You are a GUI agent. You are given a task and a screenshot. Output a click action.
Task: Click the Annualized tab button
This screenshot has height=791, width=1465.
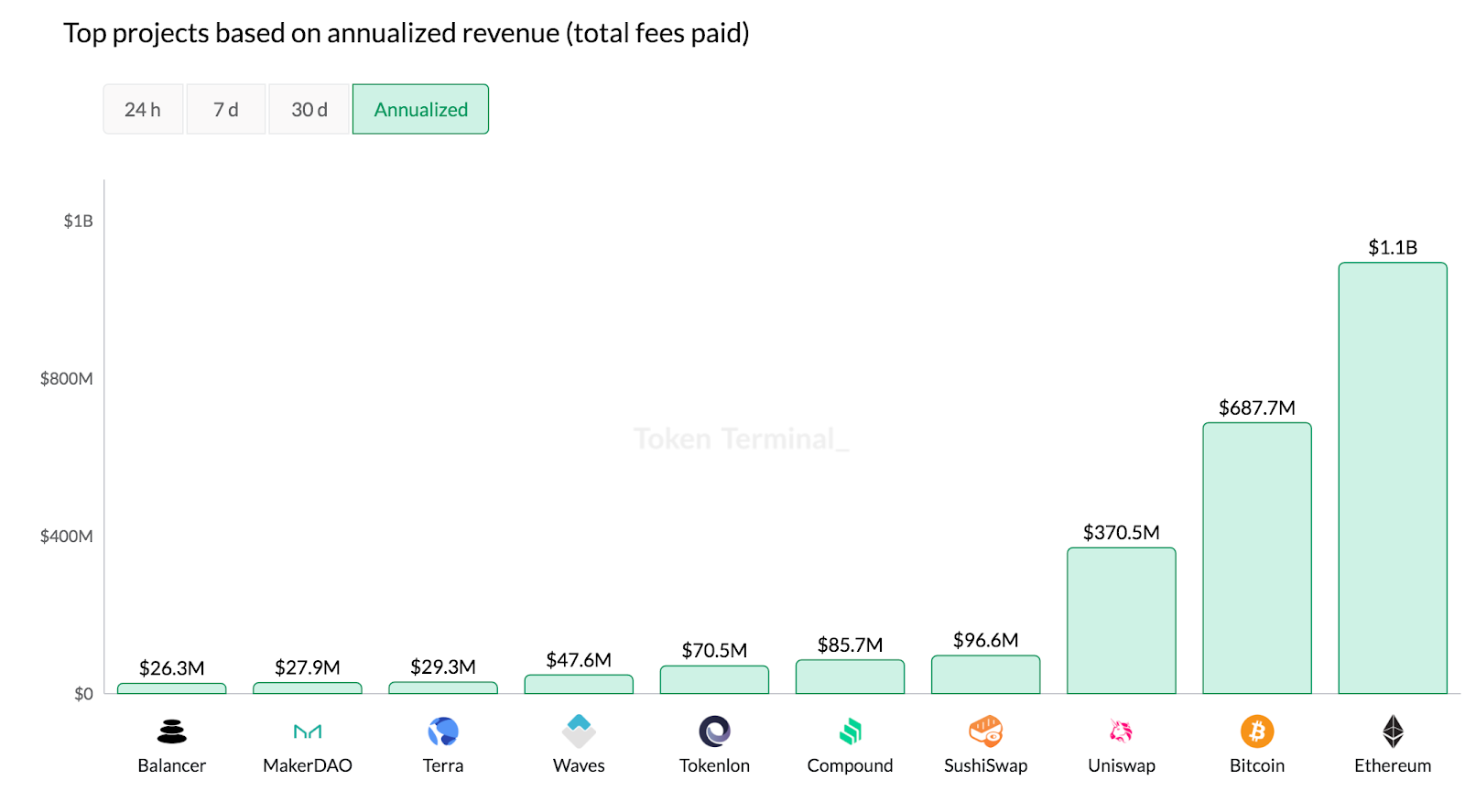pos(420,109)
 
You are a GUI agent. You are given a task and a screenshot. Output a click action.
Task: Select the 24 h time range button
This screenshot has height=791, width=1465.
pos(143,109)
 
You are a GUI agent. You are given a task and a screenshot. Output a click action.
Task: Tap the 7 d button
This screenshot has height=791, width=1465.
pos(226,109)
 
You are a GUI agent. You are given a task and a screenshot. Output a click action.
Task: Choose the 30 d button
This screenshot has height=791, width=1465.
pos(309,109)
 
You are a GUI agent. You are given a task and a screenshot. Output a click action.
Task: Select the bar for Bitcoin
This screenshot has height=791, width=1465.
pos(1256,558)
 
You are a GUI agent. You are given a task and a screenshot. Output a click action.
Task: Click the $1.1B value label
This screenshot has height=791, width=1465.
pos(1392,247)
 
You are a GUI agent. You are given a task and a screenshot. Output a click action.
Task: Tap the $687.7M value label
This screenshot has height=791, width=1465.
pos(1256,407)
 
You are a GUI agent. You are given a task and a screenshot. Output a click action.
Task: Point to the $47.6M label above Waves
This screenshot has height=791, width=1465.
pos(579,660)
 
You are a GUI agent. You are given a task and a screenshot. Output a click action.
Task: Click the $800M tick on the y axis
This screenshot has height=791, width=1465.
pos(66,378)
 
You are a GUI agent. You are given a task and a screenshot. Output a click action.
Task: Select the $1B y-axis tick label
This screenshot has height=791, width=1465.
pos(78,221)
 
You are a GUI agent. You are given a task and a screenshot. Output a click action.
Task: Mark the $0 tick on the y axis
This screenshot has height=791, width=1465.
pos(83,694)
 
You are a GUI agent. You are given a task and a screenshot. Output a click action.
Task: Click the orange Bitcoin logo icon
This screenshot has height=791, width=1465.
pos(1256,731)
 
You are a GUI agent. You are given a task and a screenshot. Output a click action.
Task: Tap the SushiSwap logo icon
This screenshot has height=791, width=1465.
pos(985,731)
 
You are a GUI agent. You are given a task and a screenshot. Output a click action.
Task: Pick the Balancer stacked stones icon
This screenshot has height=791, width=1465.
pos(171,731)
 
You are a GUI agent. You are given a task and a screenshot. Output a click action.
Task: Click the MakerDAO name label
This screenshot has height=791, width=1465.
pos(308,765)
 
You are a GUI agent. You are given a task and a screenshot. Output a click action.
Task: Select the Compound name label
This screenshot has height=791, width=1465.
pos(850,765)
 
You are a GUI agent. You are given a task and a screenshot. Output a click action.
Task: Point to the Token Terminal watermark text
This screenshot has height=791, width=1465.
pos(741,439)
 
